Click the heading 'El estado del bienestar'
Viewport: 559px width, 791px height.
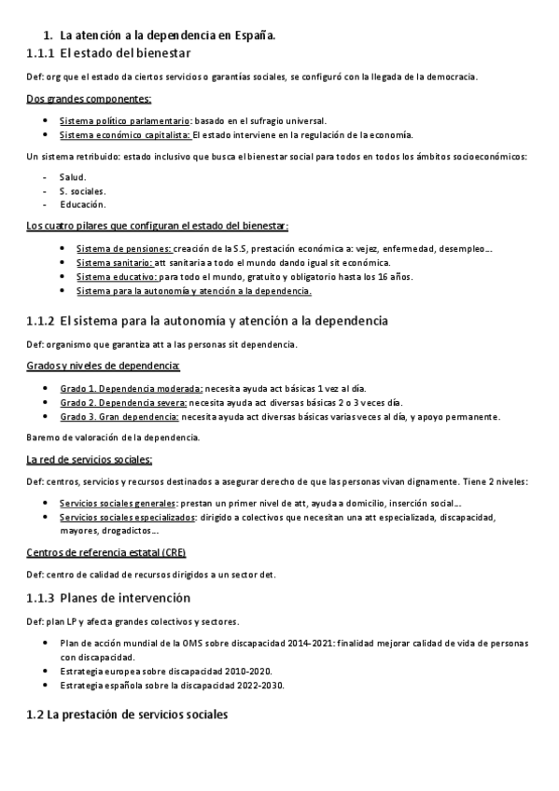pos(125,54)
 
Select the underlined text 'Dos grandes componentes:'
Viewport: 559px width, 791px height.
pos(90,98)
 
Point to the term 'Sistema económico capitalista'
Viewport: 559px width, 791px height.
pos(124,134)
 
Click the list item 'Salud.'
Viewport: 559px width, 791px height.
pos(73,176)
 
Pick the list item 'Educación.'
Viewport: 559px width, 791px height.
pos(82,203)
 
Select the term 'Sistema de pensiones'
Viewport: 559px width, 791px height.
pos(123,249)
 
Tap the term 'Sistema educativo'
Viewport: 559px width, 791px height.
pos(117,277)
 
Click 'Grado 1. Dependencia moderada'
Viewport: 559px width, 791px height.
pos(132,388)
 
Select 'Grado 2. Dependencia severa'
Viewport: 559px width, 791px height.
pos(124,402)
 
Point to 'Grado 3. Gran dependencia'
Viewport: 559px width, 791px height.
pos(119,416)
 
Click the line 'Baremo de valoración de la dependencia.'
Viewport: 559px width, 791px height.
pos(112,437)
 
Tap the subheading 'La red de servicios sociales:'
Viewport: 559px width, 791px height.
pos(91,459)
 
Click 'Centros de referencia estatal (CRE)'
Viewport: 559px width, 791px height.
pos(105,552)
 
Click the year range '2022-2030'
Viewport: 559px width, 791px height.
pos(260,686)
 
